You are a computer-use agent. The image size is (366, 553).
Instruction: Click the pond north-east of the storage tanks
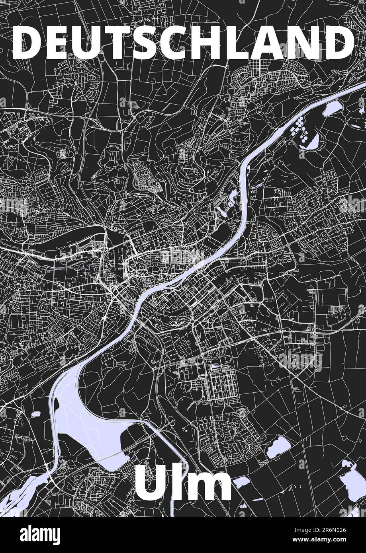coord(332,108)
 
